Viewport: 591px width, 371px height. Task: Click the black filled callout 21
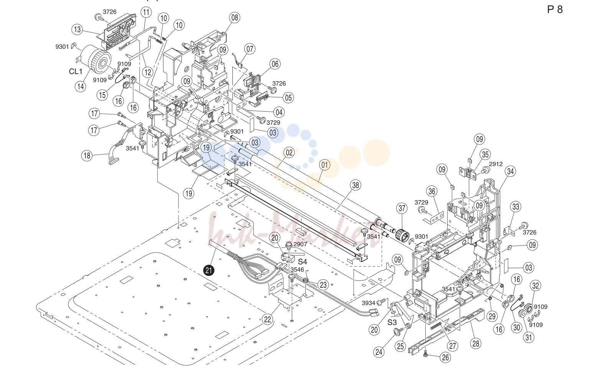point(209,270)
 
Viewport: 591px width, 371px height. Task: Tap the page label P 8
point(555,10)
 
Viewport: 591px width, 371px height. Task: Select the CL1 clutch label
point(76,71)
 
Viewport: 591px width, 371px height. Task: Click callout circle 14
point(81,86)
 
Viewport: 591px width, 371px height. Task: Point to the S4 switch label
point(303,262)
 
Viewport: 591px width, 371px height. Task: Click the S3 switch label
point(392,322)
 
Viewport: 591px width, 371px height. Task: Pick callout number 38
point(356,185)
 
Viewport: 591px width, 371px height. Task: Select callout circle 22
point(268,320)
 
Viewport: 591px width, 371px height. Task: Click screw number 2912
point(496,164)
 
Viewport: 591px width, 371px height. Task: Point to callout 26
point(445,358)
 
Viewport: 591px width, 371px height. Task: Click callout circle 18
point(87,156)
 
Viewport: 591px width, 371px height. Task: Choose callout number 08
point(235,18)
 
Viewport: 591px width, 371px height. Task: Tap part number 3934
point(368,303)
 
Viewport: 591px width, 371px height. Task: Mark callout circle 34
point(510,171)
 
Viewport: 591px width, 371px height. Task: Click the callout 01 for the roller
point(325,165)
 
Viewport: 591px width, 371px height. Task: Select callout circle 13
point(77,29)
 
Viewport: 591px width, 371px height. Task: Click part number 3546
point(297,270)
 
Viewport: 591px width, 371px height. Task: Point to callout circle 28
point(476,343)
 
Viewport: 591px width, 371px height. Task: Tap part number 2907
point(300,244)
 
